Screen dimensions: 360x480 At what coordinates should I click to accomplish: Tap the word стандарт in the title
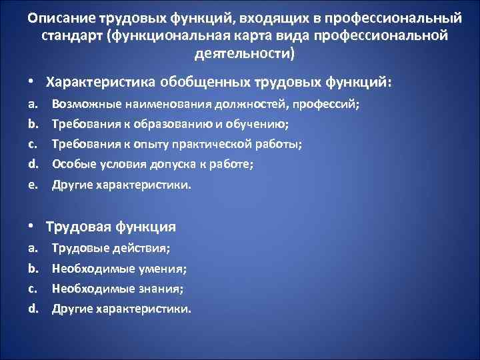pos(69,35)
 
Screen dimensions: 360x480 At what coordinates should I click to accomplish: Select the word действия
pos(143,248)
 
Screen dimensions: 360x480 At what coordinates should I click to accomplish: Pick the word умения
pos(160,269)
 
